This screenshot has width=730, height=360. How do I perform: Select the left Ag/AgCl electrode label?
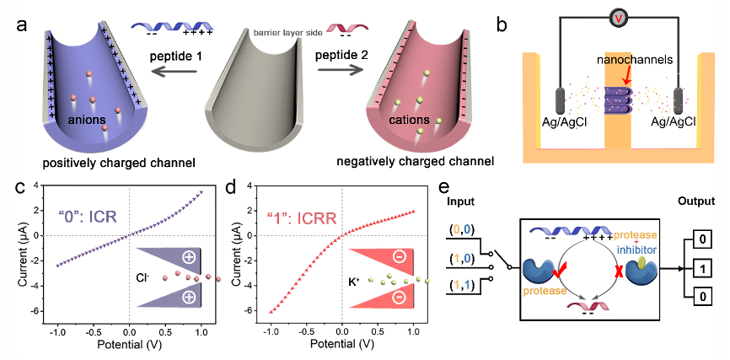566,122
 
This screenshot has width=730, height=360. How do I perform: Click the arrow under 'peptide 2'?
340,71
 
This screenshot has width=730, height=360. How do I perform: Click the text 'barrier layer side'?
282,33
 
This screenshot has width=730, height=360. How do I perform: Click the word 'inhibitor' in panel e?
639,250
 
